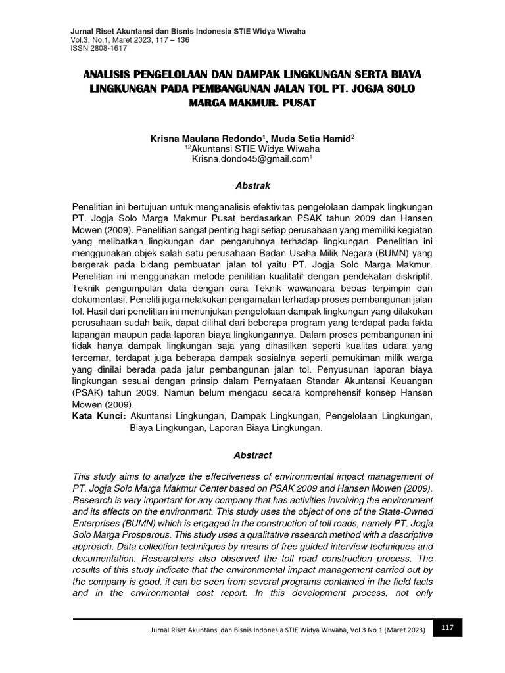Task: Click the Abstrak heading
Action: (x=252, y=186)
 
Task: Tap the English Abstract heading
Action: (x=252, y=455)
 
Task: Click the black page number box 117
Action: (x=447, y=628)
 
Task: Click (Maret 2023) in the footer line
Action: (x=402, y=630)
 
